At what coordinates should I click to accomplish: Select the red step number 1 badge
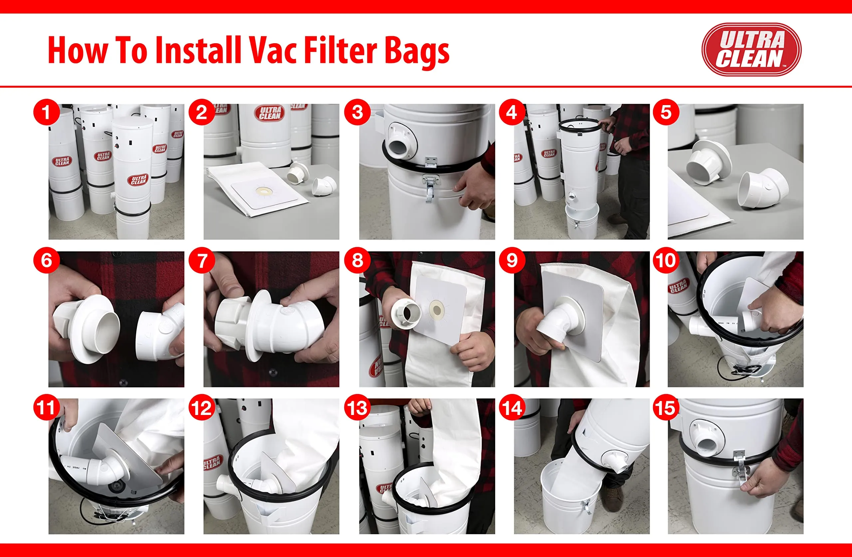[x=46, y=112]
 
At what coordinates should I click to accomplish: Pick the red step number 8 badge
[x=357, y=260]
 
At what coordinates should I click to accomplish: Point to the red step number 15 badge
[x=666, y=407]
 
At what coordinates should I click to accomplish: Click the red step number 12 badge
[x=202, y=407]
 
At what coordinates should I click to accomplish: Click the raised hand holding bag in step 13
[x=420, y=406]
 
